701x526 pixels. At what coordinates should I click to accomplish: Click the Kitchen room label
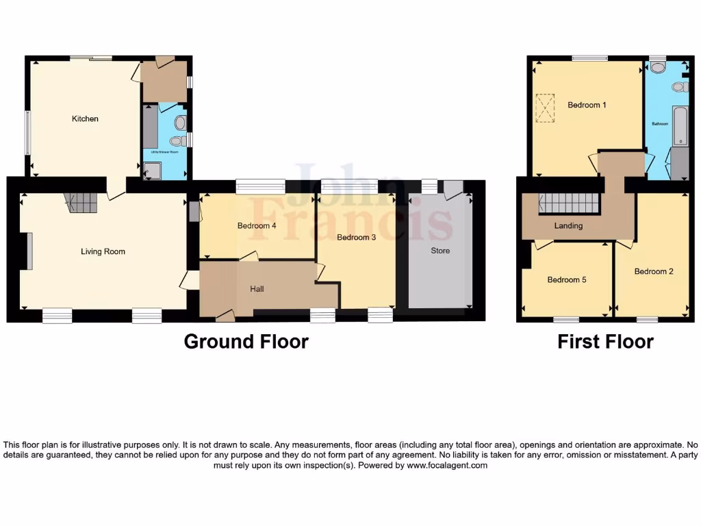click(86, 118)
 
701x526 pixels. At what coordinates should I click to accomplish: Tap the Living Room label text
click(103, 251)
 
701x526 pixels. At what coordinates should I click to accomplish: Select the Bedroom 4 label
click(257, 225)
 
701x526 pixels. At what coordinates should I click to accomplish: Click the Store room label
click(440, 251)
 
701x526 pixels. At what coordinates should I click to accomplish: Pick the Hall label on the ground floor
click(257, 289)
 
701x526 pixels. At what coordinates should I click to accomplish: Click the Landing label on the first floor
click(568, 225)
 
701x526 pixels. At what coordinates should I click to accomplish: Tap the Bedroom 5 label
click(567, 279)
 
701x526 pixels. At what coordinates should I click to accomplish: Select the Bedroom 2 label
click(654, 271)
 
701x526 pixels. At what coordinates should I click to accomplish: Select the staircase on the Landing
click(569, 203)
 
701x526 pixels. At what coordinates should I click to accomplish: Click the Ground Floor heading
click(246, 341)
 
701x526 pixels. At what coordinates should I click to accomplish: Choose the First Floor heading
click(605, 341)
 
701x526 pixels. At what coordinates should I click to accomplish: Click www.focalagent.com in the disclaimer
click(446, 465)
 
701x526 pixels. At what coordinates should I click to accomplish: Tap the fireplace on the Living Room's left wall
click(29, 251)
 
